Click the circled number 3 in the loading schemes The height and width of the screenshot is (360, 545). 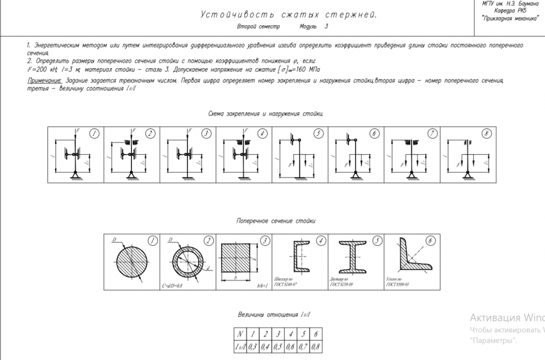tap(206, 133)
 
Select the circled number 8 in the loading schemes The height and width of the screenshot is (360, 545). tap(487, 133)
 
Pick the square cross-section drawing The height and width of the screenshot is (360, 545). tap(238, 259)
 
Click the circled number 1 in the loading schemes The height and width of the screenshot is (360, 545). tap(94, 133)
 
